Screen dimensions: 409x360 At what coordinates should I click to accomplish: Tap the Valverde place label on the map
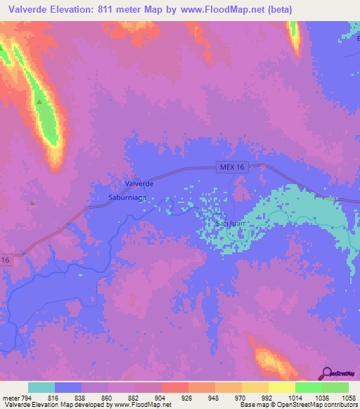[139, 183]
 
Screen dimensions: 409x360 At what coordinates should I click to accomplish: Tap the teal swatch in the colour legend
[41, 387]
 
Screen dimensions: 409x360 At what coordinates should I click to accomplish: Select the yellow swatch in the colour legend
[281, 387]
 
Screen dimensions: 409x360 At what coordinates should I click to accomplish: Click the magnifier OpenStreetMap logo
[328, 373]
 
